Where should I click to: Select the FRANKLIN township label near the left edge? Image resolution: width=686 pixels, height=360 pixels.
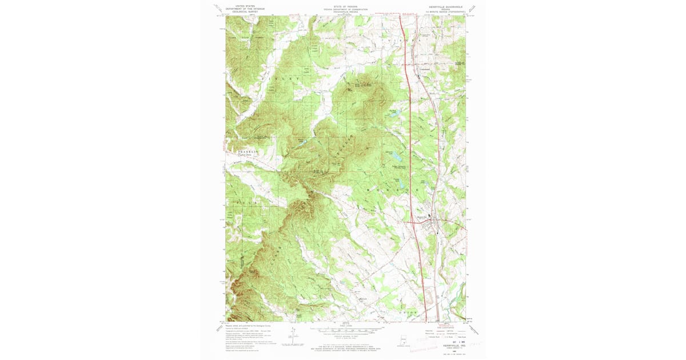click(244, 151)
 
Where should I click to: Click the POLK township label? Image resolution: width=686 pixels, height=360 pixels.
click(241, 201)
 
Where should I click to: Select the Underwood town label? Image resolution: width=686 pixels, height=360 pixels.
click(425, 70)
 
